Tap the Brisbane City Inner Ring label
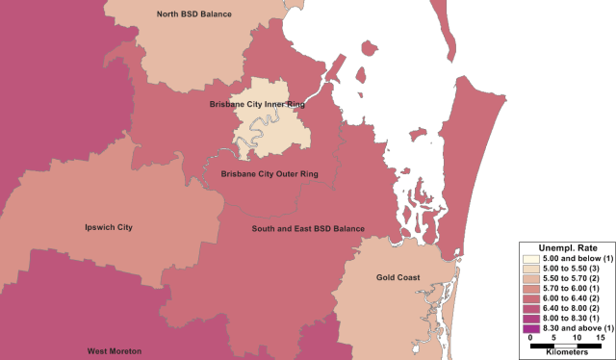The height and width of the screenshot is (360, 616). [x=256, y=103]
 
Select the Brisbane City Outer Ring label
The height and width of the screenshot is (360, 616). [x=269, y=174]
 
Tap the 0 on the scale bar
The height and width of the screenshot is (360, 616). [x=531, y=338]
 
